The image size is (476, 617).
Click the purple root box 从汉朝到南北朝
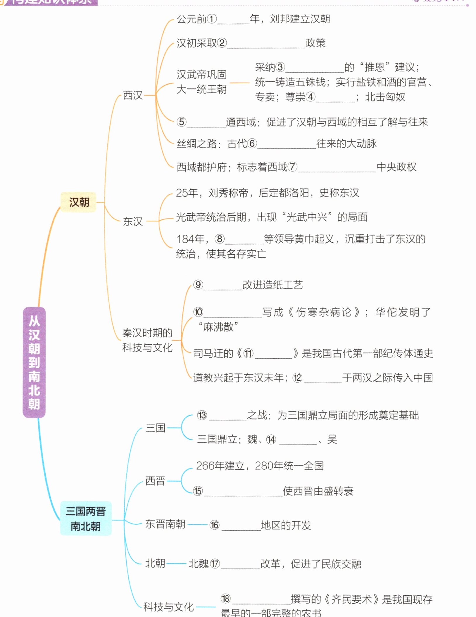click(x=34, y=362)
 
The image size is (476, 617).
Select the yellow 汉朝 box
click(x=79, y=202)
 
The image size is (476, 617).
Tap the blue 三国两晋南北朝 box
click(x=86, y=519)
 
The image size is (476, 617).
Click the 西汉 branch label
click(x=133, y=95)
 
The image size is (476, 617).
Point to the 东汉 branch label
click(x=133, y=221)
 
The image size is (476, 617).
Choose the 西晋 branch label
click(x=155, y=481)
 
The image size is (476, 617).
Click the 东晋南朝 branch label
click(x=165, y=524)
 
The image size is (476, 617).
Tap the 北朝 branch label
click(x=155, y=563)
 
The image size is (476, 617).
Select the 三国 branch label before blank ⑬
click(x=155, y=428)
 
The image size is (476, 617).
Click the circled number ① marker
click(x=212, y=19)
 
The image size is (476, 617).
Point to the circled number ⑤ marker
click(x=181, y=122)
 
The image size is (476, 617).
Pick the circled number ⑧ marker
click(x=220, y=239)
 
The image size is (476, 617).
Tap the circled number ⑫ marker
click(x=297, y=378)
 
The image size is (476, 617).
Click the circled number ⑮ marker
click(x=198, y=491)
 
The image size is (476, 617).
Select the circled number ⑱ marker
click(x=225, y=599)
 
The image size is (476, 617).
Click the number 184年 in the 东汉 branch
click(x=190, y=239)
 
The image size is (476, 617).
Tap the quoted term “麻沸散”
click(x=218, y=327)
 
